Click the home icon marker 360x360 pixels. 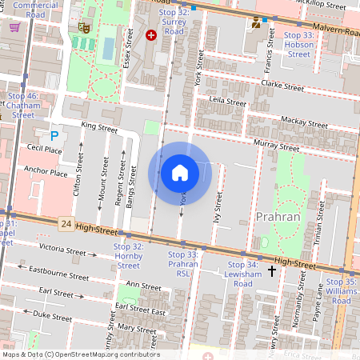[180, 173]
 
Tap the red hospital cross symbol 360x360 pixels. [151, 34]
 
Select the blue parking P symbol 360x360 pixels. [54, 136]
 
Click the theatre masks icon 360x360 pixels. [83, 27]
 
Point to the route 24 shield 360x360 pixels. [66, 226]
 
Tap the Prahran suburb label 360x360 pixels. [278, 217]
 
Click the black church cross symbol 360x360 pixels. [272, 272]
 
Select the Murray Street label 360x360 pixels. [276, 145]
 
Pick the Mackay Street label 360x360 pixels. [304, 123]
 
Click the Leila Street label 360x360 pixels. [227, 102]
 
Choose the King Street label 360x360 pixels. [99, 127]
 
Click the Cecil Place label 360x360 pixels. [44, 149]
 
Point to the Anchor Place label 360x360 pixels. [46, 171]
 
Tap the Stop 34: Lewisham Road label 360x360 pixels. [243, 269]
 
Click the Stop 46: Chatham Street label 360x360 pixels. [23, 106]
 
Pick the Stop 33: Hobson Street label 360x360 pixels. [298, 45]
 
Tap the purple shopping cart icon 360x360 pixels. [14, 26]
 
